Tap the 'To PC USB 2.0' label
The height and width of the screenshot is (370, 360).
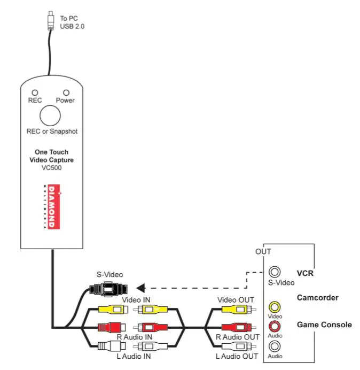[72, 22]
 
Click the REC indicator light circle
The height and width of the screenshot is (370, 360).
[35, 92]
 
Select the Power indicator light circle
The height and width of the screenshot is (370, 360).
[66, 92]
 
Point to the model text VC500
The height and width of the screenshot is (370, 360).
[51, 167]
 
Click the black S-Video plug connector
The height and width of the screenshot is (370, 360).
[110, 289]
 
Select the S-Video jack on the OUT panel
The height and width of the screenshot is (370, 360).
[275, 273]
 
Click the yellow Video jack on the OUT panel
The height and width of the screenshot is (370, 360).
[275, 307]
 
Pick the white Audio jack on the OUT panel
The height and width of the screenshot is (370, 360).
[275, 345]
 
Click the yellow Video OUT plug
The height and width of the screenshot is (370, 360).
[235, 309]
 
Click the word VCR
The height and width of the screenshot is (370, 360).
[305, 274]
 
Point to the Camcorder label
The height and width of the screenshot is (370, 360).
[317, 298]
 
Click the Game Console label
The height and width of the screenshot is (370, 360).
[324, 325]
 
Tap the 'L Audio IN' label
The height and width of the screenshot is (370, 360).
[134, 356]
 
